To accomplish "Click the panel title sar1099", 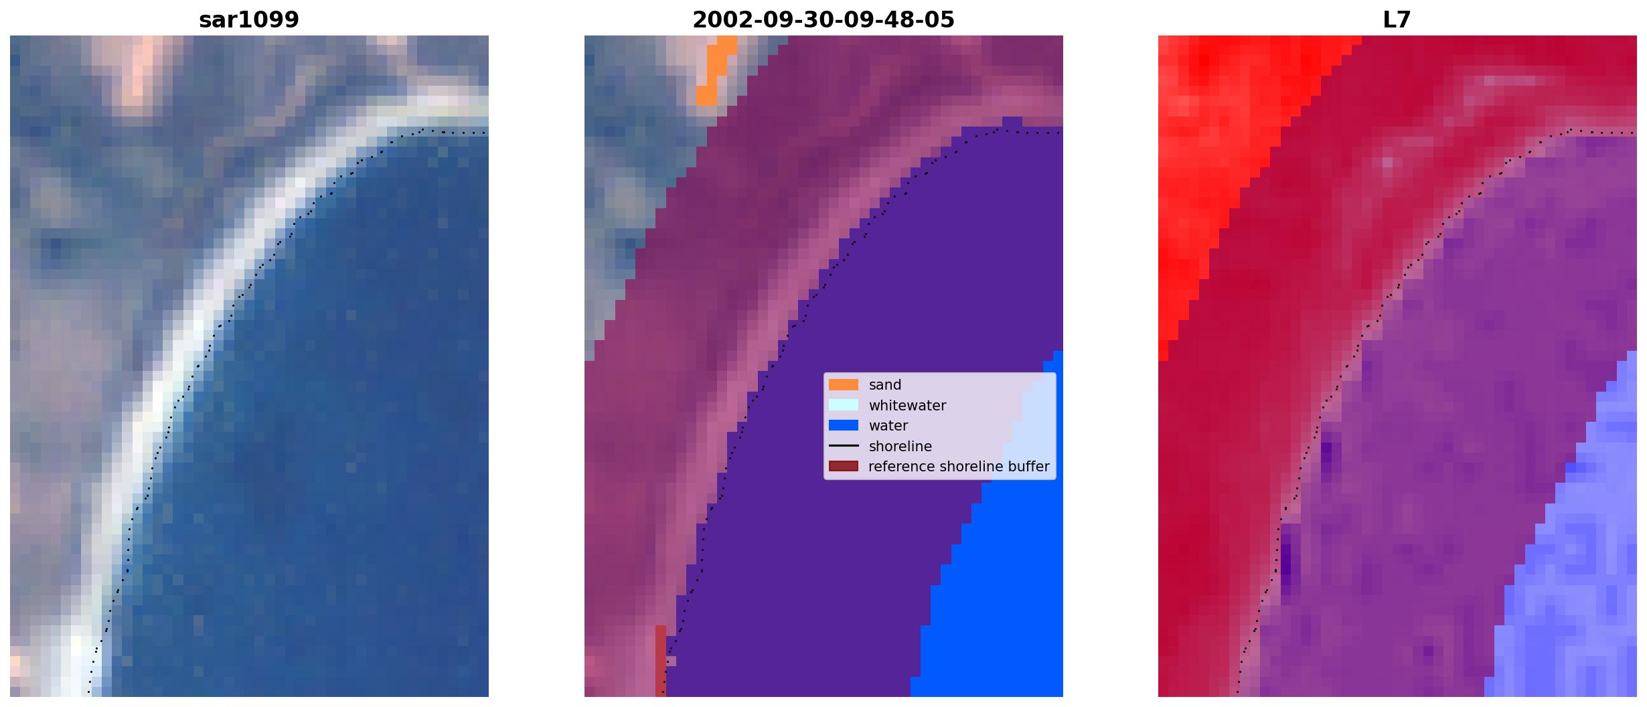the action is click(x=249, y=19).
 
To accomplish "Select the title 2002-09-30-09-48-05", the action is click(x=823, y=19).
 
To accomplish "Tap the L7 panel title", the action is click(x=1397, y=19).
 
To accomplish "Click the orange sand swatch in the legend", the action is click(x=844, y=385).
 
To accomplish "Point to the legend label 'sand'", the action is click(x=885, y=385).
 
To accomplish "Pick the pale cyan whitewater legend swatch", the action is click(x=844, y=405).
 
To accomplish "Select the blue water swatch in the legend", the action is click(x=844, y=425).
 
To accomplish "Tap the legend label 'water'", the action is click(x=888, y=426).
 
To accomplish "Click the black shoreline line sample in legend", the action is click(x=844, y=446).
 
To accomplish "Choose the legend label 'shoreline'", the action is click(x=900, y=447).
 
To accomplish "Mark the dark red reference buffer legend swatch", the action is click(x=844, y=466).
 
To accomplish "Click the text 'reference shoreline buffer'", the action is click(x=959, y=467).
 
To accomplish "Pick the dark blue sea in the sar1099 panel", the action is click(x=335, y=435).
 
